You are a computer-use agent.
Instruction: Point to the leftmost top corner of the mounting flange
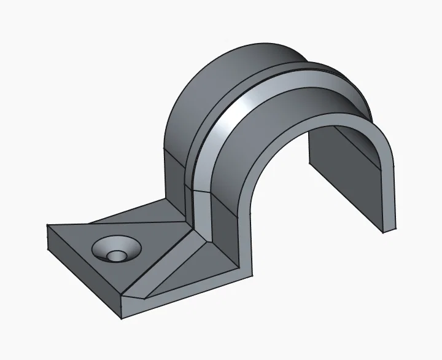48,225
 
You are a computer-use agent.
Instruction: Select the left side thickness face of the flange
83,276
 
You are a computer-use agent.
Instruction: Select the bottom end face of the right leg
389,229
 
